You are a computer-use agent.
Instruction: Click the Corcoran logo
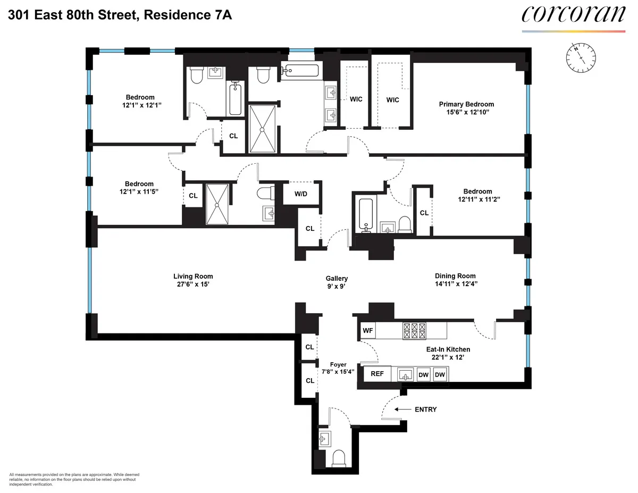[x=573, y=14]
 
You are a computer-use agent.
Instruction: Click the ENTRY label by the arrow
[x=424, y=410]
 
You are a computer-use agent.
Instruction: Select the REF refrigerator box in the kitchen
[x=377, y=374]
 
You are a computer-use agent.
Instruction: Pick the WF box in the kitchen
[x=368, y=331]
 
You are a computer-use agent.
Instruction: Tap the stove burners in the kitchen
[x=415, y=331]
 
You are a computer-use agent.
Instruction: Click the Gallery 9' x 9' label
[x=337, y=282]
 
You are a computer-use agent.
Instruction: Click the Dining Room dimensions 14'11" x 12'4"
[x=455, y=284]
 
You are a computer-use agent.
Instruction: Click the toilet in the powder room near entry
[x=338, y=458]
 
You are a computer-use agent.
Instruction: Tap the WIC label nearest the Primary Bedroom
[x=392, y=100]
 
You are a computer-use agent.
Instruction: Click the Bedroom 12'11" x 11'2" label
[x=477, y=195]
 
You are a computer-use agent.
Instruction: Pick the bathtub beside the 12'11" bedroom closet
[x=366, y=214]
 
